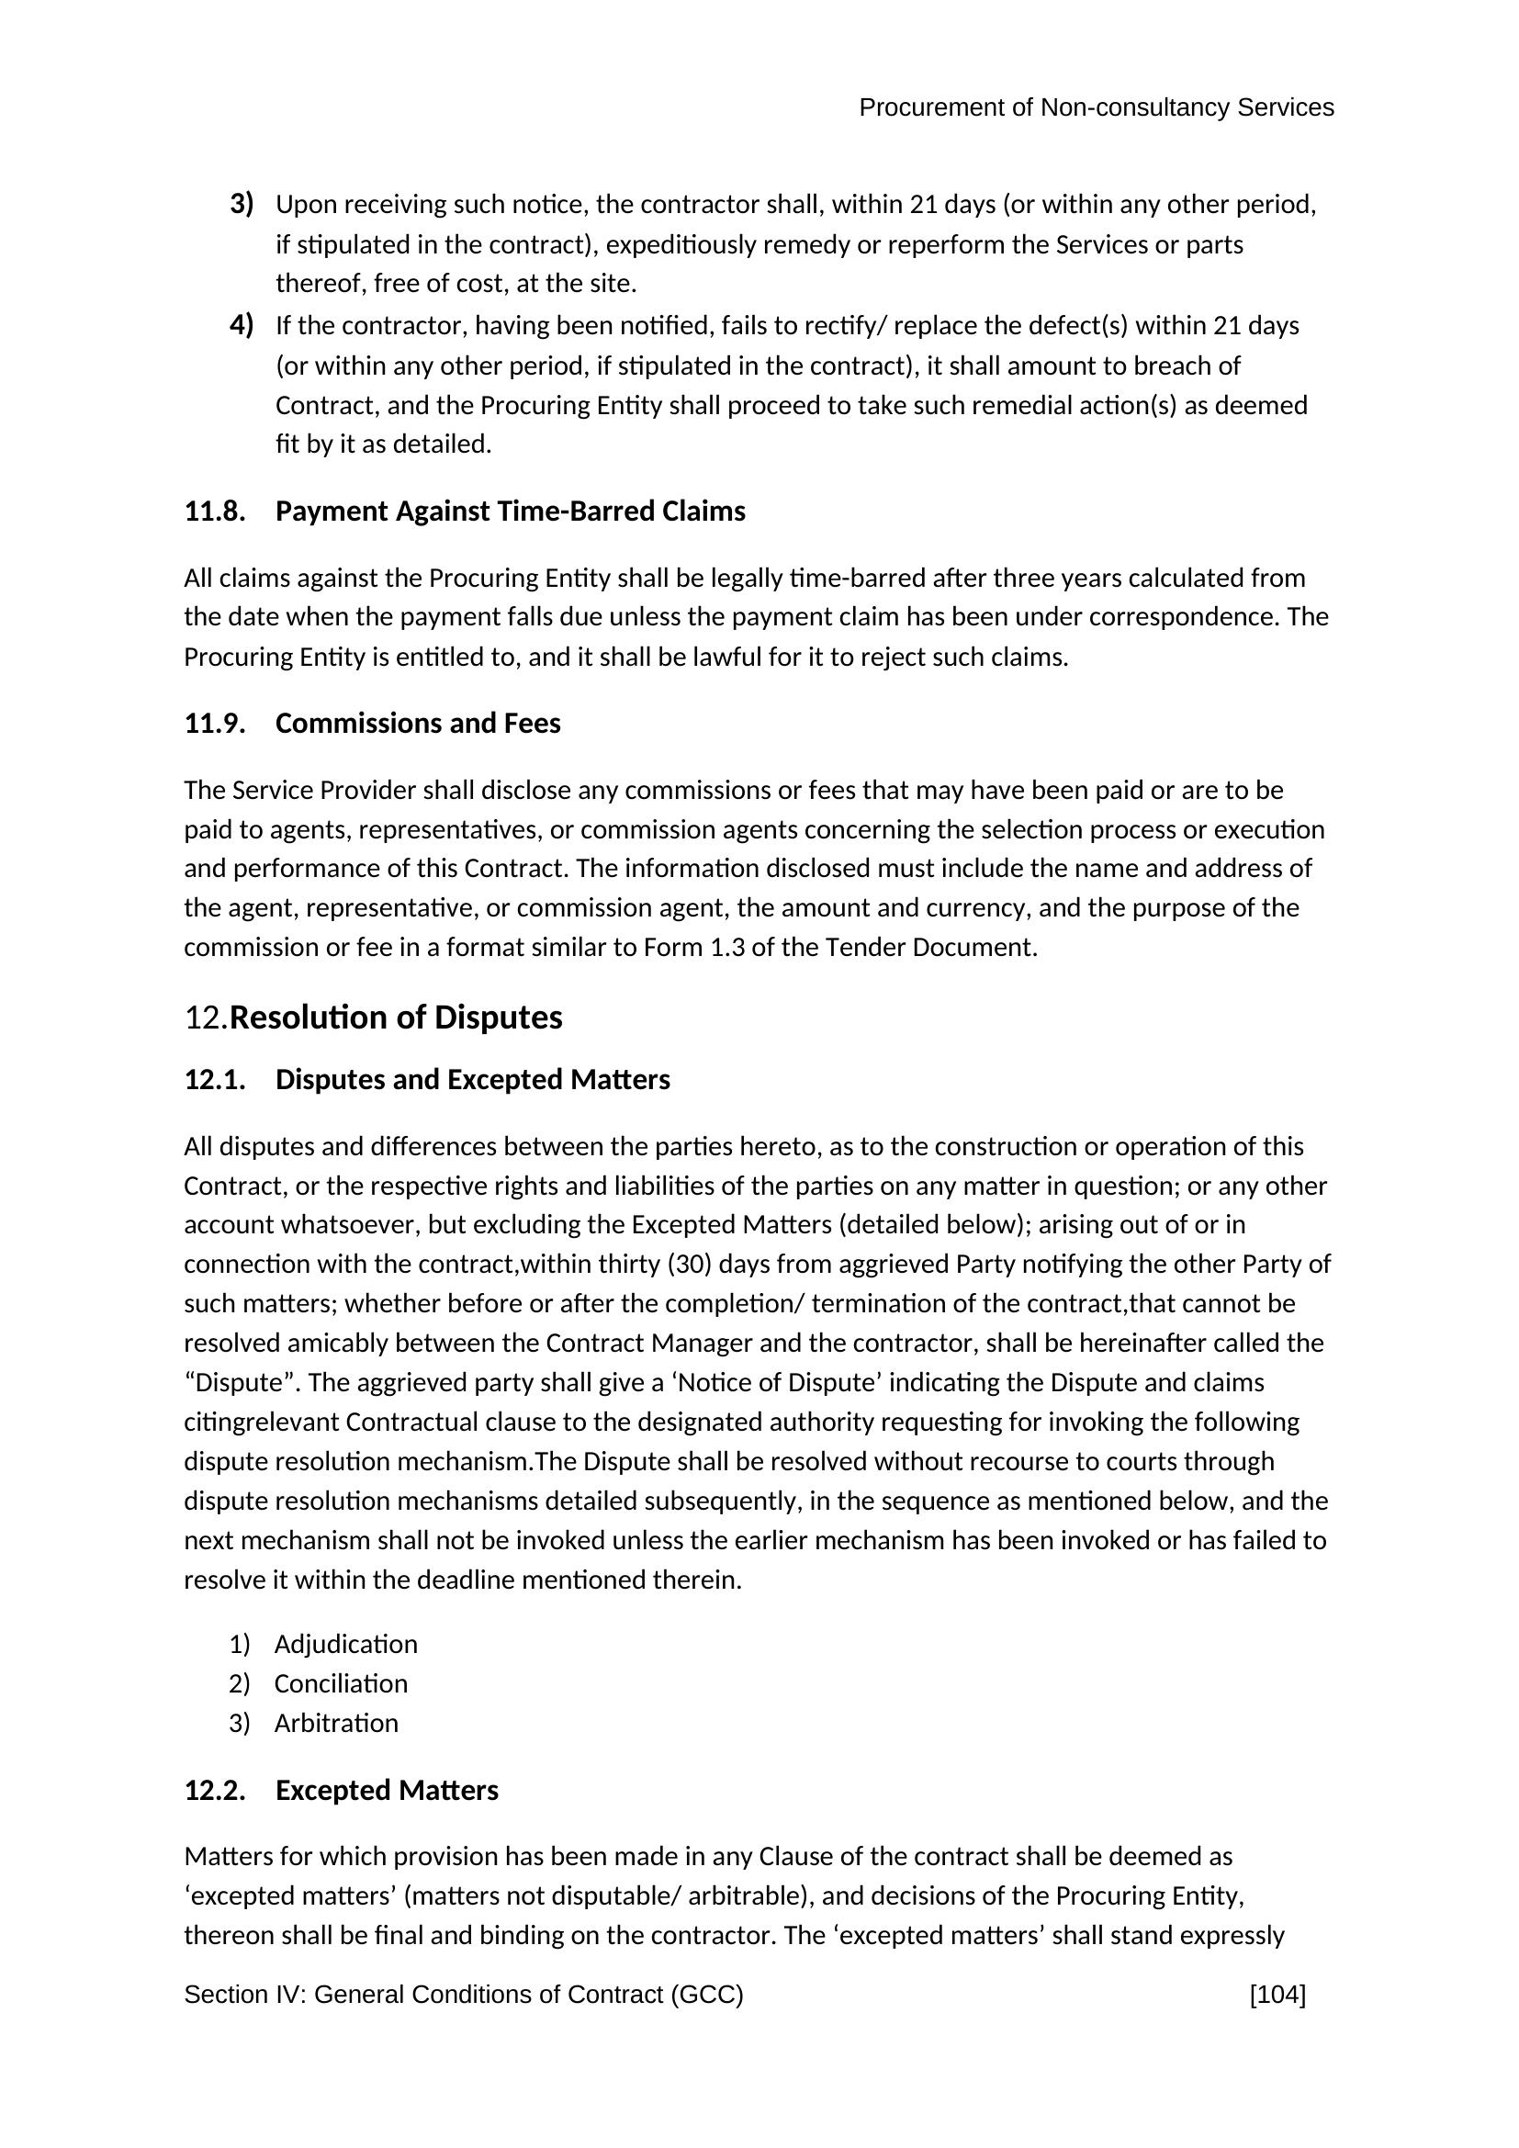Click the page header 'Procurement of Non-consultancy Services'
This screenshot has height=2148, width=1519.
point(1096,108)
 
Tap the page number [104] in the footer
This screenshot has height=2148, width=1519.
point(1277,1995)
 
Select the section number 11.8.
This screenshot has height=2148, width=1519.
point(214,512)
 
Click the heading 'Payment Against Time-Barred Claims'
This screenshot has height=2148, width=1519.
point(510,512)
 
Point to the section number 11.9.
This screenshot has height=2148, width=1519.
point(214,723)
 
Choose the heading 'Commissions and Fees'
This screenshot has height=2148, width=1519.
point(417,723)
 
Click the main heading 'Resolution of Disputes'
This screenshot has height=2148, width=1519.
point(396,1018)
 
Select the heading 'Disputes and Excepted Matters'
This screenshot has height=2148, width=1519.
point(472,1080)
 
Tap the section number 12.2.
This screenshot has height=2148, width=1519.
point(214,1791)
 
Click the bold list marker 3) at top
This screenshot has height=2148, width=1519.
point(242,203)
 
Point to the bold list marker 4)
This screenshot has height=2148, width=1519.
point(242,326)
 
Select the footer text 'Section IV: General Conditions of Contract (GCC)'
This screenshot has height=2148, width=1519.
point(463,1995)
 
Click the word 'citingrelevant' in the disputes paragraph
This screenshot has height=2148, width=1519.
point(261,1422)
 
